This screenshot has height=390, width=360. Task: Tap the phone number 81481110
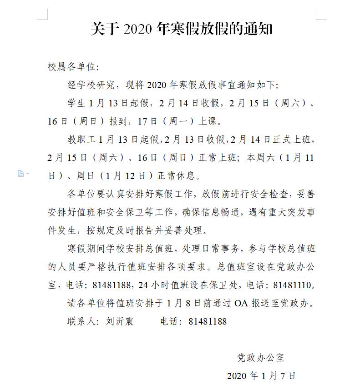click(x=291, y=285)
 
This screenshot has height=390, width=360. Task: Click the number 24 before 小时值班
click(x=143, y=285)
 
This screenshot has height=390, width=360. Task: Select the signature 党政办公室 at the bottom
click(x=261, y=357)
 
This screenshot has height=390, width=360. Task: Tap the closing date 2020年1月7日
click(x=261, y=376)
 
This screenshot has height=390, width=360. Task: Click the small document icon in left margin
click(x=20, y=173)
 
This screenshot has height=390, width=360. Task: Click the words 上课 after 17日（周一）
click(x=211, y=121)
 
